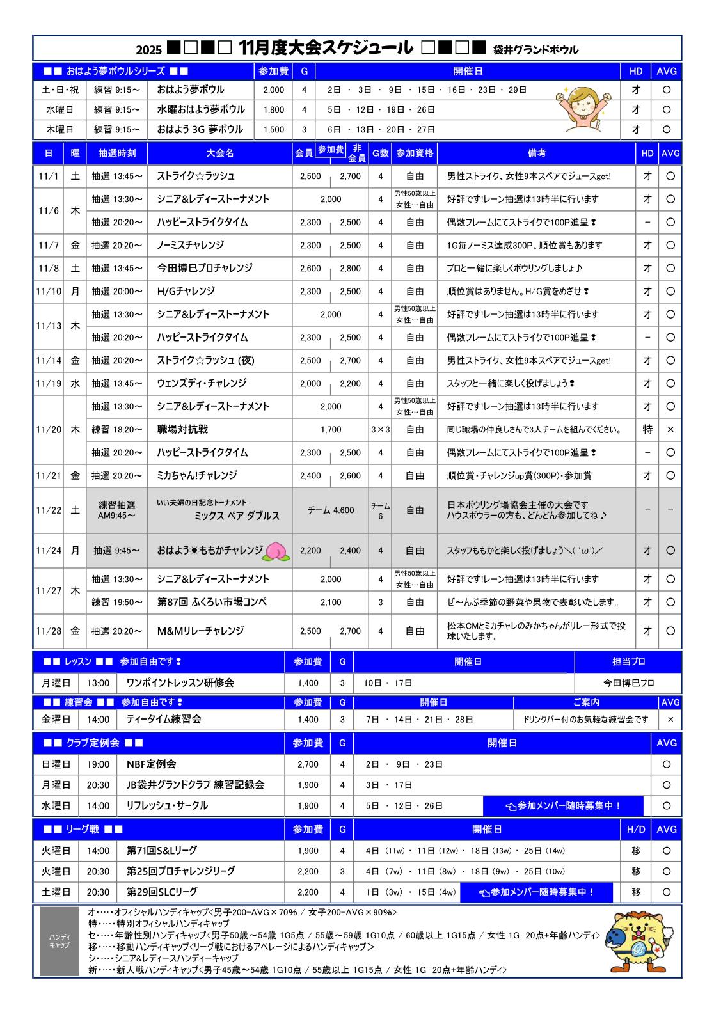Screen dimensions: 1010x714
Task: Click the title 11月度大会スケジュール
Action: [x=325, y=48]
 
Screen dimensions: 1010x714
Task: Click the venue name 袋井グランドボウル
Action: [x=536, y=49]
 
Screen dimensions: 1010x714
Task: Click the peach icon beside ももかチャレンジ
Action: [x=277, y=551]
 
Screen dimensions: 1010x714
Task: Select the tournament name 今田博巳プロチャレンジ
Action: [x=205, y=268]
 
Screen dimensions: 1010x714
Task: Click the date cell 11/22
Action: [x=49, y=510]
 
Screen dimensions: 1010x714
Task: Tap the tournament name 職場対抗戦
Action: [x=182, y=429]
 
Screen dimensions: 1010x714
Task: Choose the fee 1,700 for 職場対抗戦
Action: [x=331, y=430]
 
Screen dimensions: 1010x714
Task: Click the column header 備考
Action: [x=537, y=154]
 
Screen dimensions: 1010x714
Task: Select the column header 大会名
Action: [x=220, y=154]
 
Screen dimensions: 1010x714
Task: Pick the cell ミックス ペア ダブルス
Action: [x=237, y=516]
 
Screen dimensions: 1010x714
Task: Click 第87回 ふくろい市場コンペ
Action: [x=212, y=602]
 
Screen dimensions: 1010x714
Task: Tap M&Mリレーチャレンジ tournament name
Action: [x=200, y=631]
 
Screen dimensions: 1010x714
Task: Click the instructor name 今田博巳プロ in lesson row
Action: [x=629, y=683]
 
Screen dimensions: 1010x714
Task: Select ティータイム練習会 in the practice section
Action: [x=164, y=719]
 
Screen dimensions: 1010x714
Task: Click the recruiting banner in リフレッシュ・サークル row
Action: [x=563, y=806]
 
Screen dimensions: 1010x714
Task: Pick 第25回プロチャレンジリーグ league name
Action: [x=180, y=871]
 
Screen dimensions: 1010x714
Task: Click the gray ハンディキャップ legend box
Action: [x=59, y=940]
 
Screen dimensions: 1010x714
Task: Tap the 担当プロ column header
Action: [x=629, y=661]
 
